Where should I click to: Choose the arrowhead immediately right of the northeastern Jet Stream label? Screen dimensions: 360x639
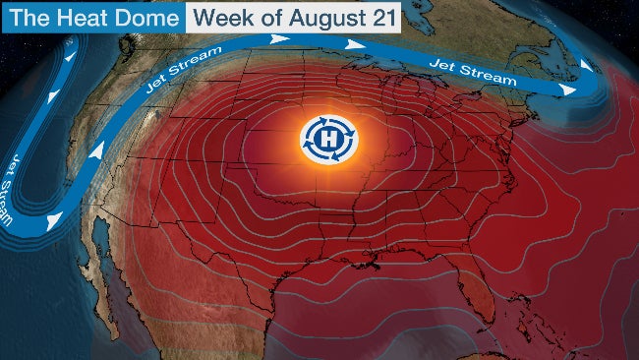click(567, 89)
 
